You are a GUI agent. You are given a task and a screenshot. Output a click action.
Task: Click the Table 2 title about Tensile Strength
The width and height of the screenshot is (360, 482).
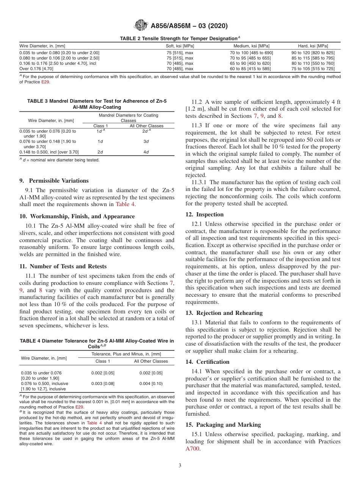click(180, 38)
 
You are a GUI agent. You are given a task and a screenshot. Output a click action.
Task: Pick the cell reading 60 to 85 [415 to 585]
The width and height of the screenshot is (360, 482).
click(250, 69)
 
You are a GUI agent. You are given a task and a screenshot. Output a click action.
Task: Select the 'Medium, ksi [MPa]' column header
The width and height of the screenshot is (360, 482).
click(250, 46)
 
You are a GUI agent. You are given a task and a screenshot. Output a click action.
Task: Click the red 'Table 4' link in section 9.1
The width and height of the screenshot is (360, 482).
click(125, 204)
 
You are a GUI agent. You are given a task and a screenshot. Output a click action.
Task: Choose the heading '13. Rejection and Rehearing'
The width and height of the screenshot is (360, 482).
click(224, 313)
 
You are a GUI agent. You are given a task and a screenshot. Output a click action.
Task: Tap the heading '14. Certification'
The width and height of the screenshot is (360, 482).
click(207, 361)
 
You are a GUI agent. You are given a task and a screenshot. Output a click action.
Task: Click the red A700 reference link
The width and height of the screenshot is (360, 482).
click(193, 449)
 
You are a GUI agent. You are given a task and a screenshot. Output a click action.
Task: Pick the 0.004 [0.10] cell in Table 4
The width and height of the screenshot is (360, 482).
click(151, 383)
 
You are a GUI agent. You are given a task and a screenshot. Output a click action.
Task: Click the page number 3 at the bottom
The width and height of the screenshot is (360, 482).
click(180, 466)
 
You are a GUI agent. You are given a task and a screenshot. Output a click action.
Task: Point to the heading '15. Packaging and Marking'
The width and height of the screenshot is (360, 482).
click(223, 424)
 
